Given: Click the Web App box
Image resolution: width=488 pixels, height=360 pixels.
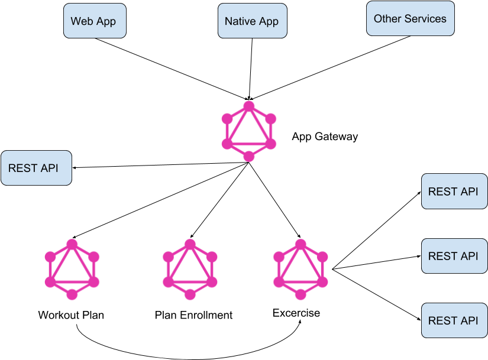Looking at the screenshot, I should (95, 21).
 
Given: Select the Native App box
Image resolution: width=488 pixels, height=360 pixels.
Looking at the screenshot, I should (252, 21).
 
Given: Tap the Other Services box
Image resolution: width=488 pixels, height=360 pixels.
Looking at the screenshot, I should (410, 18).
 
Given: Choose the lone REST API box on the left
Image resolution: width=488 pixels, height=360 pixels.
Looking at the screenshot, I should (36, 168).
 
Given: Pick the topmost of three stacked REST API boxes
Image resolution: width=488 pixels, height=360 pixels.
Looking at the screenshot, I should (454, 192).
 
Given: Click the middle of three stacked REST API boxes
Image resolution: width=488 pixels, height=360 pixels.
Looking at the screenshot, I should (454, 256).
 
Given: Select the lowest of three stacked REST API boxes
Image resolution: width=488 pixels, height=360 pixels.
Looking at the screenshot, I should (454, 320).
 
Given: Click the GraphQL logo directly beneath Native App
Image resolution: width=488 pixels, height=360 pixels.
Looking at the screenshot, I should (249, 131).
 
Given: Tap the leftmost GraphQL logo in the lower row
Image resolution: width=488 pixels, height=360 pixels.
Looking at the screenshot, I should (72, 270).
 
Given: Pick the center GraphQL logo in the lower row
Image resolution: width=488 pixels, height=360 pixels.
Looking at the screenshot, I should (190, 270).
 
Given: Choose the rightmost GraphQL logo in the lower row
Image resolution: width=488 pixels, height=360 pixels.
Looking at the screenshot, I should (300, 270).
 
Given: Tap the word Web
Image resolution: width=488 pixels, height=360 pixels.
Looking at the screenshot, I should (82, 21).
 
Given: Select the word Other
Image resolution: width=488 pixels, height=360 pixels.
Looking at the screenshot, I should (387, 18).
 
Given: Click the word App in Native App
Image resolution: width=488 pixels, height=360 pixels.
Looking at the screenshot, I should (269, 22).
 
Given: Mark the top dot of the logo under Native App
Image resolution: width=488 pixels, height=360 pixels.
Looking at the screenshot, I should (249, 106).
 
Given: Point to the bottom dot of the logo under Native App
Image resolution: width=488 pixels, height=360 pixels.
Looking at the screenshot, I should (249, 156).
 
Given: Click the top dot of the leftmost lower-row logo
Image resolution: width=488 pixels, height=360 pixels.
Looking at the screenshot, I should (72, 244).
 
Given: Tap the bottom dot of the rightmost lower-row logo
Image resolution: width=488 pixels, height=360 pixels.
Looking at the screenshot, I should (300, 294).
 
